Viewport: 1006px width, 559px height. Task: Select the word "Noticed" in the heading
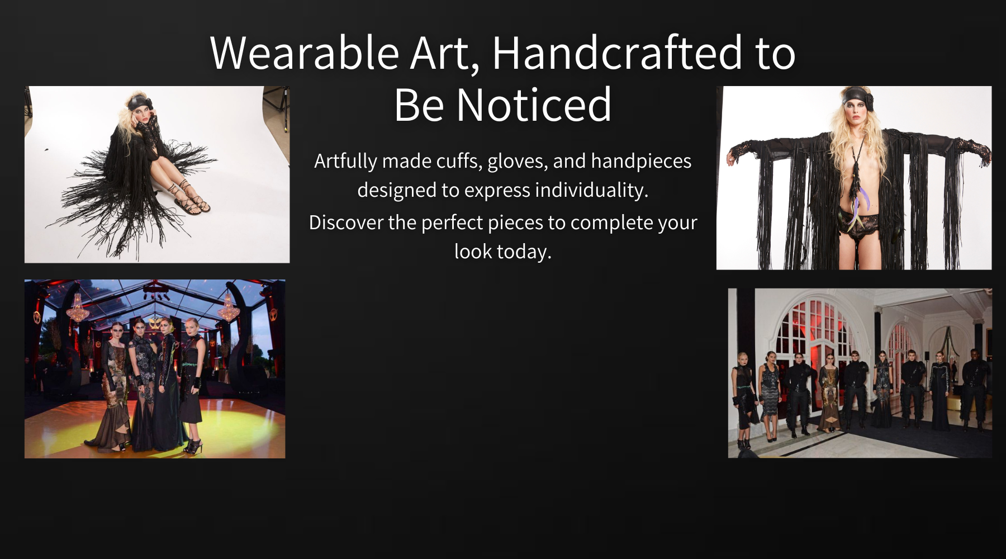coord(534,105)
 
